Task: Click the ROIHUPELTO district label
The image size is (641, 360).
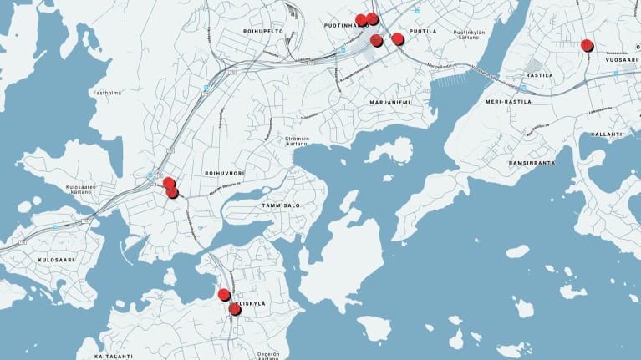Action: click(263, 31)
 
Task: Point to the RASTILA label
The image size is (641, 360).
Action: click(539, 75)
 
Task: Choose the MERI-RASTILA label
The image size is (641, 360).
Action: click(508, 102)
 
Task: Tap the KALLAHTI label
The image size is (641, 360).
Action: click(606, 134)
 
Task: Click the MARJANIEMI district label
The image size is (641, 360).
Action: click(390, 103)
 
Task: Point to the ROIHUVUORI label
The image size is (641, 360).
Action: click(223, 173)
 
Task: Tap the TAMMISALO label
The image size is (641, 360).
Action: click(280, 205)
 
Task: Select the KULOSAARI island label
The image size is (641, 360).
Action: click(57, 261)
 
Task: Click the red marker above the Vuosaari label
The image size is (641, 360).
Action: click(587, 45)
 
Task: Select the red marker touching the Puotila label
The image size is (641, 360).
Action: click(398, 38)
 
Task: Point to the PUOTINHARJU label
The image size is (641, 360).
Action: click(344, 26)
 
